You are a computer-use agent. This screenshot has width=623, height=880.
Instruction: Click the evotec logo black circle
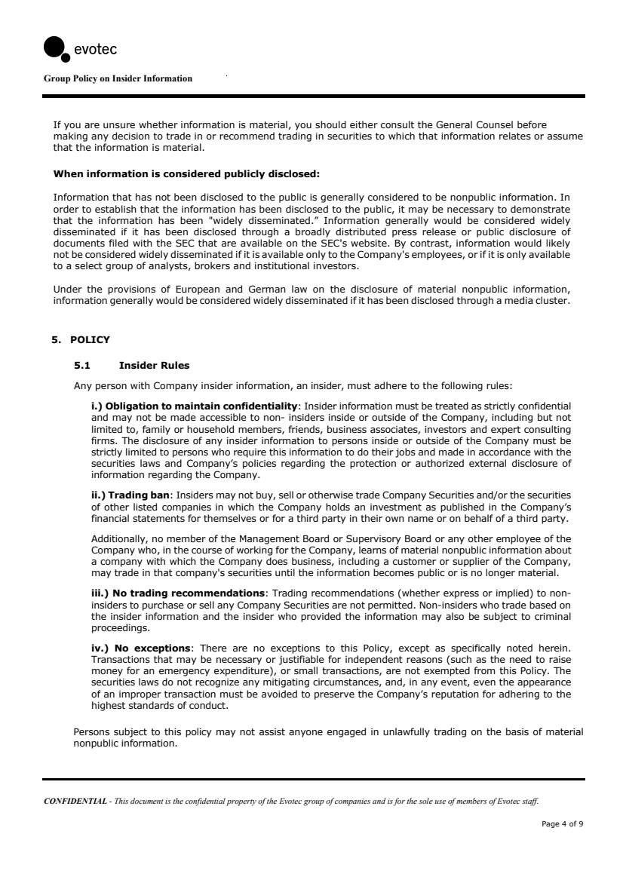click(x=56, y=47)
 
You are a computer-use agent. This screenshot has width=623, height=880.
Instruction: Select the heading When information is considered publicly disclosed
click(x=186, y=174)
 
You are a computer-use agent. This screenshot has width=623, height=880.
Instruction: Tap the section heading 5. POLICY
click(x=80, y=339)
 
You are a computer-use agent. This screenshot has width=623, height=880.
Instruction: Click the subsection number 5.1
click(x=82, y=366)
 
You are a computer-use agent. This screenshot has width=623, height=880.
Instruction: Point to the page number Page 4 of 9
click(x=562, y=823)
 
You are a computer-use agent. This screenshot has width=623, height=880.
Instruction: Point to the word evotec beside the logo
click(x=94, y=50)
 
